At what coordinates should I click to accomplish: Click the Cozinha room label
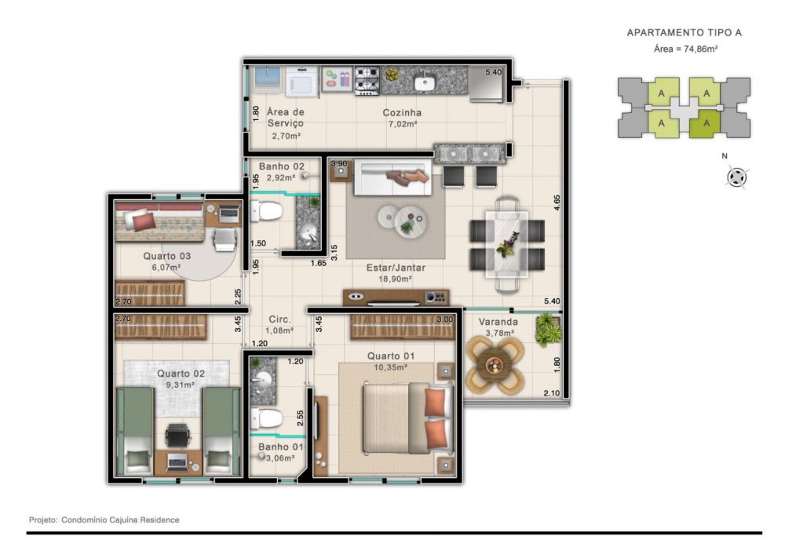(402, 112)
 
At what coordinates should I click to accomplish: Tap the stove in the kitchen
(367, 81)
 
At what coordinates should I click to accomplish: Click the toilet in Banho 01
(266, 418)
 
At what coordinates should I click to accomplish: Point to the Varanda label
(498, 322)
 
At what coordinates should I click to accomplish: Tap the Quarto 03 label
(166, 256)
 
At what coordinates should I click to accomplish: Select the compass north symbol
(736, 177)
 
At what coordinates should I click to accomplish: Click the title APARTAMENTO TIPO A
(685, 32)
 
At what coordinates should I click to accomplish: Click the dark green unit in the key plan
(705, 123)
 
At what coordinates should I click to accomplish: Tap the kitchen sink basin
(425, 82)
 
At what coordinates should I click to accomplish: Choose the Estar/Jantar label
(396, 268)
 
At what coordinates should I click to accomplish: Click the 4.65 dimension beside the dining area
(557, 202)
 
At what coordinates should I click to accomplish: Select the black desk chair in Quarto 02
(177, 435)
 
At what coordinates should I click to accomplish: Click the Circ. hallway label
(279, 319)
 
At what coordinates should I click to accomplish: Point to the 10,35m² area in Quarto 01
(390, 366)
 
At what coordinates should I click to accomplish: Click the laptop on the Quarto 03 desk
(229, 213)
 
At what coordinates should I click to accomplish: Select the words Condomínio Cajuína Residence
(120, 520)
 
